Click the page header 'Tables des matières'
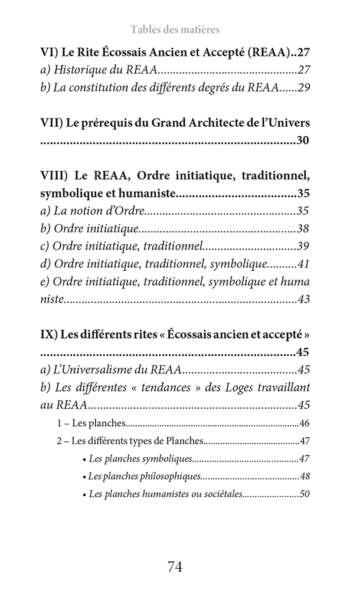click(x=175, y=29)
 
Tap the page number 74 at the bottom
click(x=175, y=567)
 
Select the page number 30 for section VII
click(x=303, y=140)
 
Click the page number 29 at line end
click(x=304, y=88)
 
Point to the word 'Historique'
click(x=79, y=70)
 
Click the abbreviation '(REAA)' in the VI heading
click(x=271, y=51)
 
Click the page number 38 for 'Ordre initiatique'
click(x=304, y=228)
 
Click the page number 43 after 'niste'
click(x=304, y=300)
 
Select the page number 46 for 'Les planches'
click(x=305, y=423)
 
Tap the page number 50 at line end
click(x=305, y=494)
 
